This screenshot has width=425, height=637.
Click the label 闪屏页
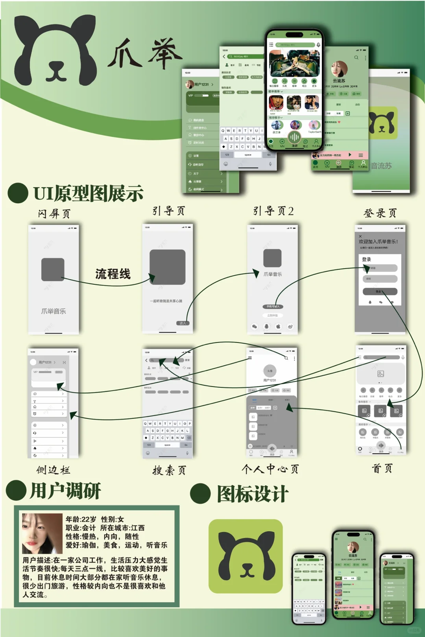(54, 214)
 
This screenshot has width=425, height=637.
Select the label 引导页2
(273, 211)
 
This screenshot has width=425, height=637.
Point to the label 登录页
(380, 213)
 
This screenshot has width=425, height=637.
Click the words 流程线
(113, 274)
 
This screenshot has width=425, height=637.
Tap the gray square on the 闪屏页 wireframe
(53, 269)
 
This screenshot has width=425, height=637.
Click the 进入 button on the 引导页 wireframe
(183, 323)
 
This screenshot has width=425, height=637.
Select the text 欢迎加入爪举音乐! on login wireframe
(378, 241)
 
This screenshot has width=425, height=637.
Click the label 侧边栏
(53, 470)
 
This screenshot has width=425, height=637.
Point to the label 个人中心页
(270, 469)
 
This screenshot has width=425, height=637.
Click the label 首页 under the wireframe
(382, 468)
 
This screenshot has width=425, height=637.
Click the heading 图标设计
(253, 494)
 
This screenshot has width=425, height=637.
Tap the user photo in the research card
(42, 533)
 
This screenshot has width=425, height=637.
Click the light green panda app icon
(246, 556)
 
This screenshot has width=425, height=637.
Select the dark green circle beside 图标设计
(200, 493)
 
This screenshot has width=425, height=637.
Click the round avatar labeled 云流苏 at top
(339, 69)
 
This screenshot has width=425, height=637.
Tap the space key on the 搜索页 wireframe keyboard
(167, 445)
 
